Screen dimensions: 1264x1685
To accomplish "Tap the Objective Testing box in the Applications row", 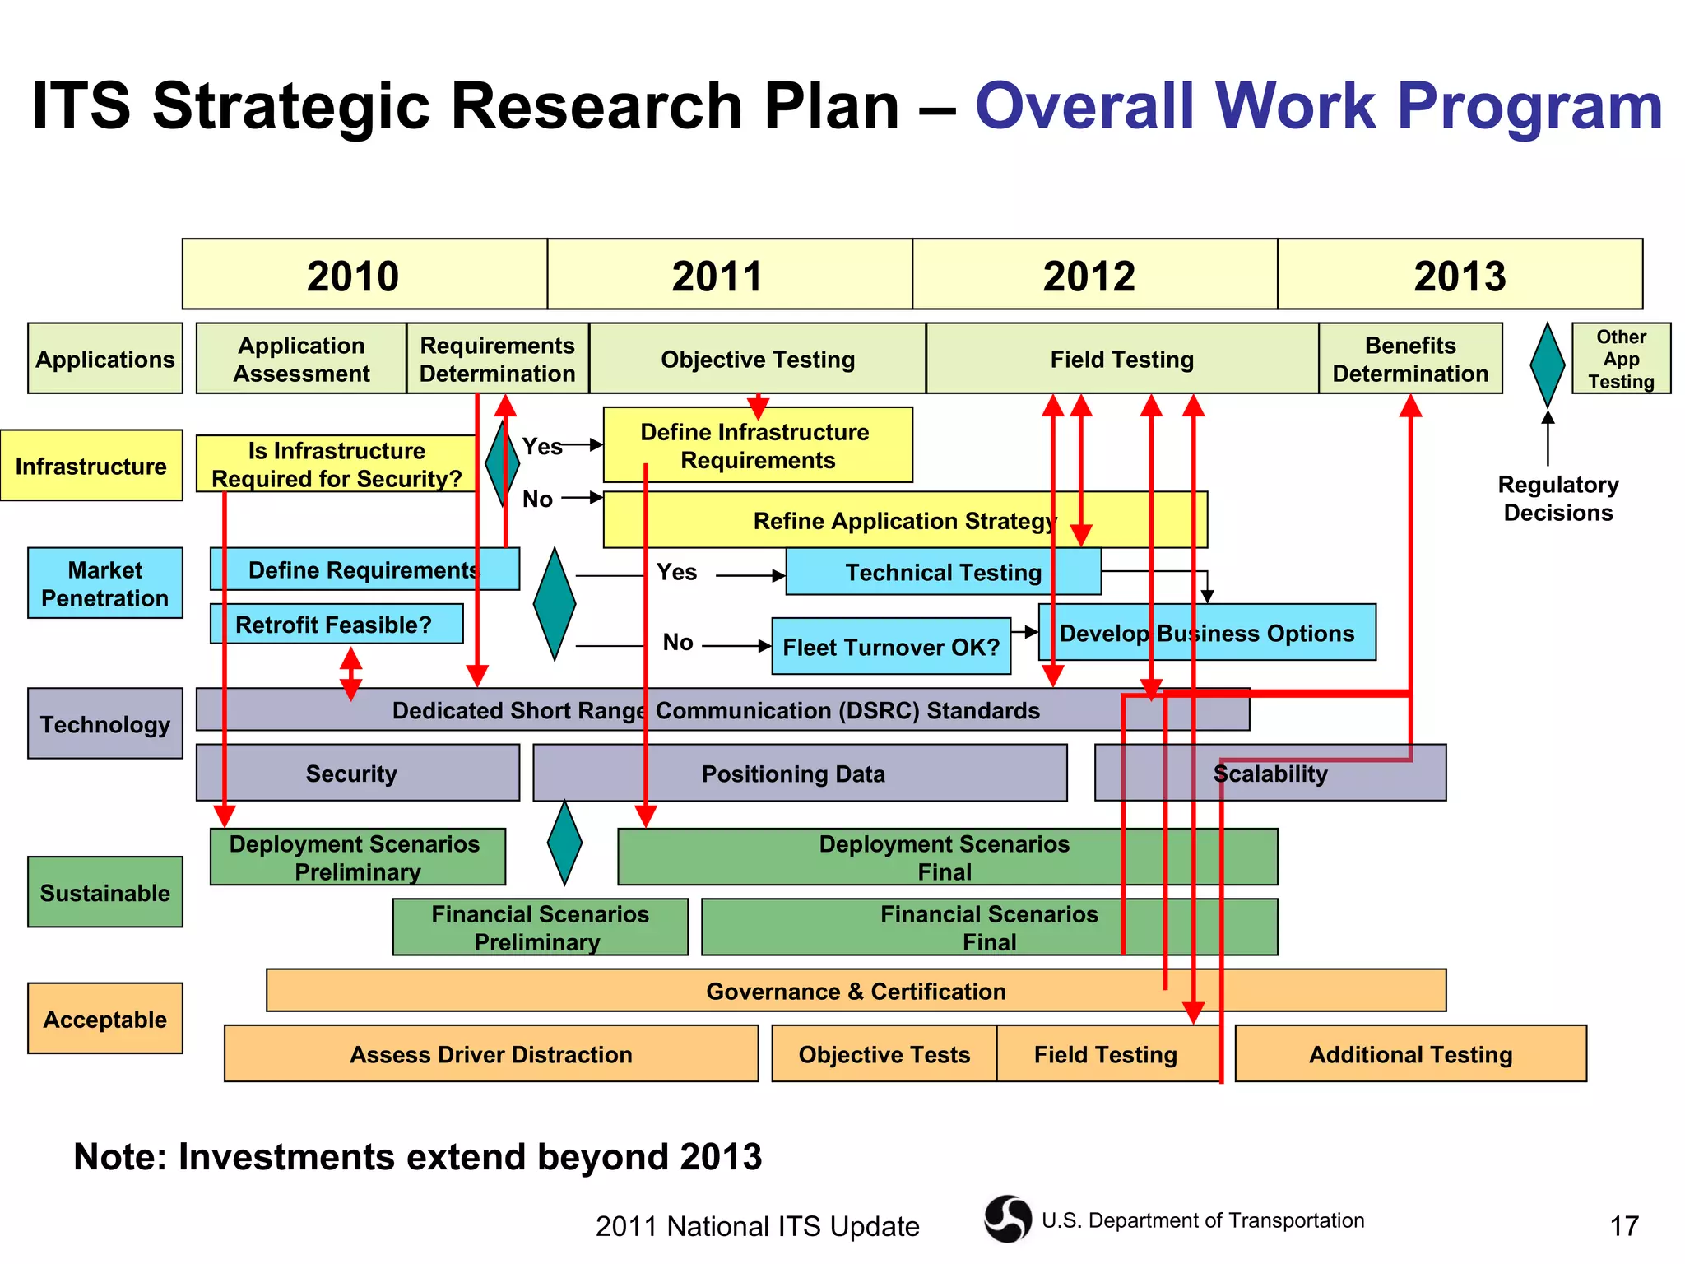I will tap(757, 359).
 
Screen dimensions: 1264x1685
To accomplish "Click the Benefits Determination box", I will tap(1409, 359).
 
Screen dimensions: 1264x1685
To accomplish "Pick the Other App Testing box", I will tap(1620, 359).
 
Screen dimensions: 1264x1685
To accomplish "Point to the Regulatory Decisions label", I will tap(1557, 498).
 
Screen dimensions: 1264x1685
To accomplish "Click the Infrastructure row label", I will tap(91, 466).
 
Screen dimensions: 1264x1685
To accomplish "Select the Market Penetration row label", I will tap(104, 583).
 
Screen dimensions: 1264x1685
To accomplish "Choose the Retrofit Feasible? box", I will tap(336, 625).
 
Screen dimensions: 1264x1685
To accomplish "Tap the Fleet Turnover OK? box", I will tap(890, 647).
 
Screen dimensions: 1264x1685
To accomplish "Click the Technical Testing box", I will tap(943, 572).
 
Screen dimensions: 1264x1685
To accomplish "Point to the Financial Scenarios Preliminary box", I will tap(540, 927).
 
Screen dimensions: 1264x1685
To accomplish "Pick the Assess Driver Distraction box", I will tap(490, 1053).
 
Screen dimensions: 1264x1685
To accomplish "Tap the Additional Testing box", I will tap(1410, 1053).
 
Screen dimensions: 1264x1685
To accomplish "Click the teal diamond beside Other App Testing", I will tap(1547, 364).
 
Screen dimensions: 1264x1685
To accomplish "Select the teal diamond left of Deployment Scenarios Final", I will tap(564, 843).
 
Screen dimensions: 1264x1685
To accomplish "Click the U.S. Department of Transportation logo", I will tap(1007, 1219).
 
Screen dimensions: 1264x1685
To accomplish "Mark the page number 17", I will tap(1623, 1226).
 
